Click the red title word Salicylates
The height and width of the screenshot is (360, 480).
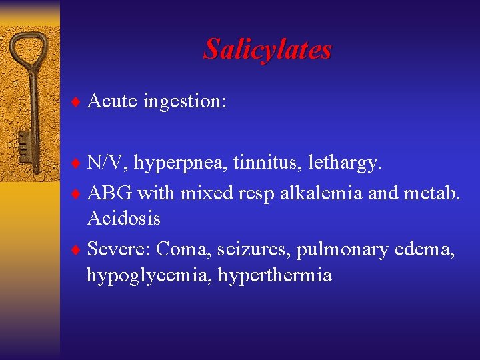point(267,49)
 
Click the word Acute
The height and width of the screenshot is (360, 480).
point(112,101)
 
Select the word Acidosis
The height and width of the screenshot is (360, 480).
point(123,218)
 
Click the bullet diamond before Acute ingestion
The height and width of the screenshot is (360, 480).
point(75,102)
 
